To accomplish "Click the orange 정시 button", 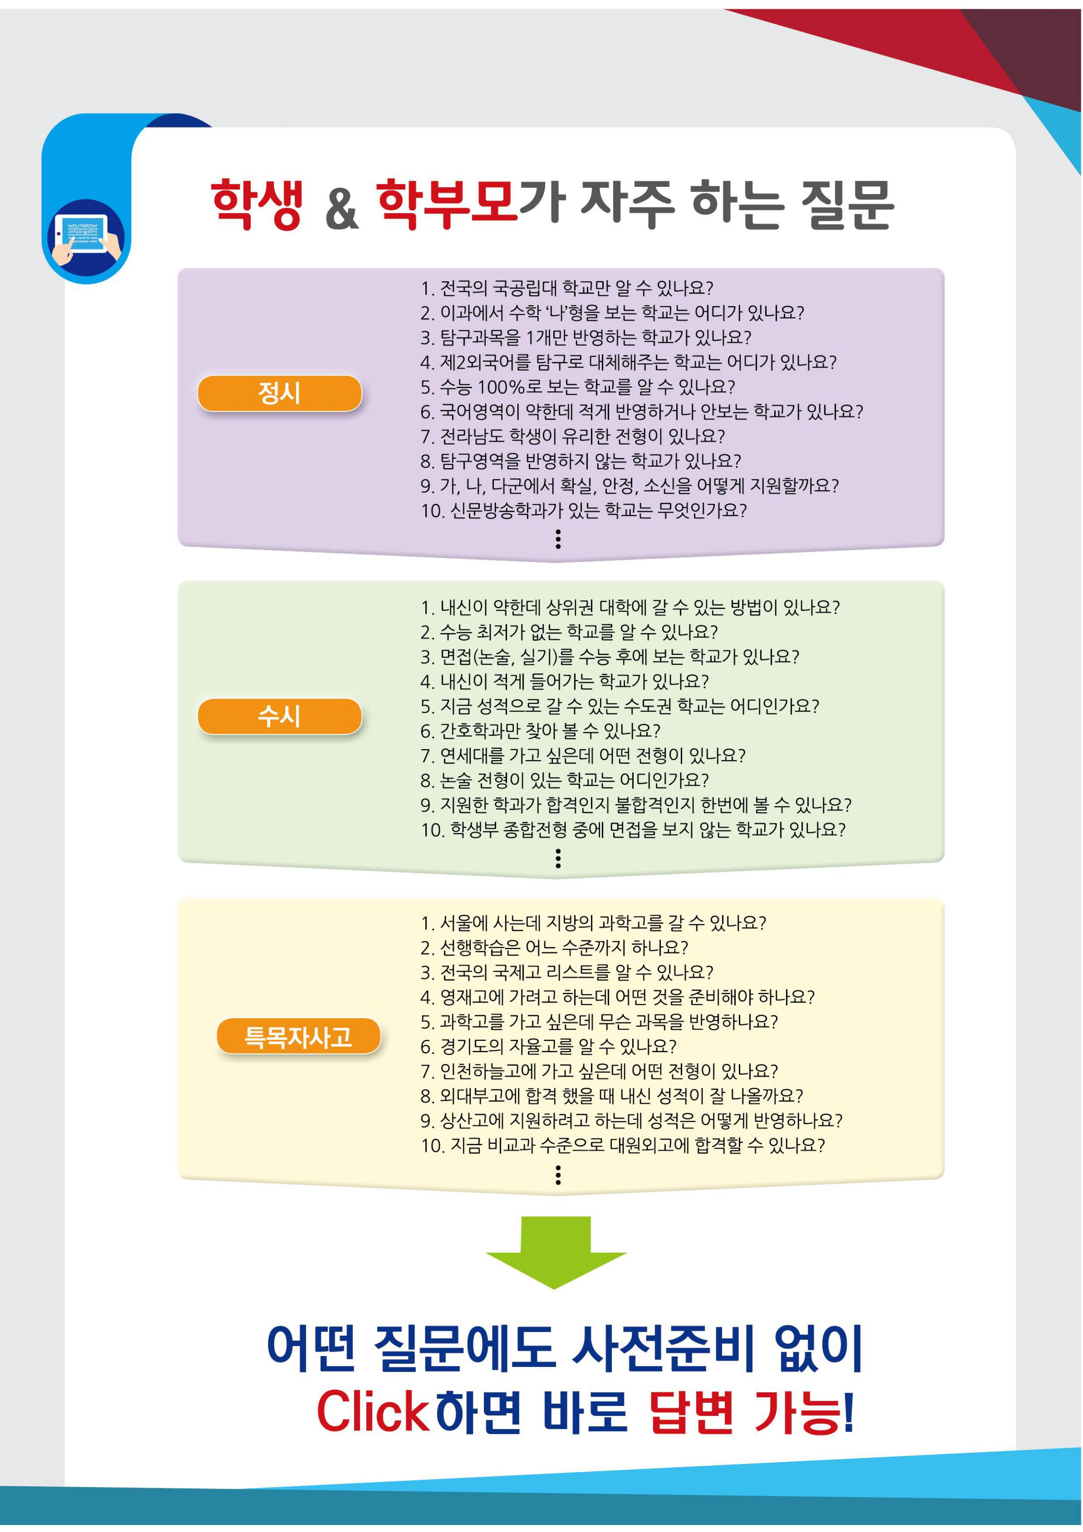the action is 279,393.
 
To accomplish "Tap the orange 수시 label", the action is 279,716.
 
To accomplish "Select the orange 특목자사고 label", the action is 298,1036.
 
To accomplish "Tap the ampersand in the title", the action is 341,208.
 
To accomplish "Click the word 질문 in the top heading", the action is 847,204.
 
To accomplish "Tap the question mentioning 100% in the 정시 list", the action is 578,386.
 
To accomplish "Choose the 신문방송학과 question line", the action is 584,510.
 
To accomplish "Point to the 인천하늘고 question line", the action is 599,1071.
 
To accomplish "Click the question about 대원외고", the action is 623,1145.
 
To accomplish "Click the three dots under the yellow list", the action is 558,1174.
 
